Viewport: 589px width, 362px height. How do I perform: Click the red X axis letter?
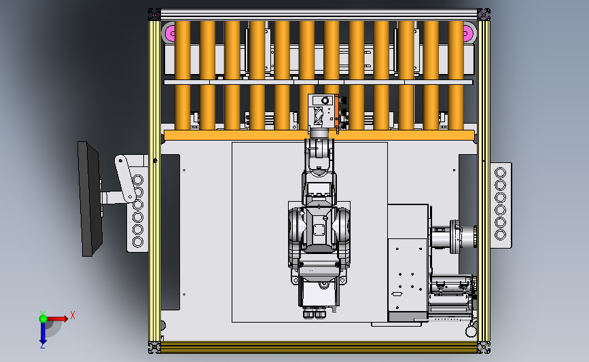[x=73, y=315]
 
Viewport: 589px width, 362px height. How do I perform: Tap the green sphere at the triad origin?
[x=43, y=319]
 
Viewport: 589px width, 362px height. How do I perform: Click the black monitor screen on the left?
[x=90, y=199]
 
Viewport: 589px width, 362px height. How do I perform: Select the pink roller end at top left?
[x=169, y=33]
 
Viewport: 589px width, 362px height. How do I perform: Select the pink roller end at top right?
[x=468, y=33]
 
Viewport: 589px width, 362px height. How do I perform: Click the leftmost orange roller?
[x=183, y=75]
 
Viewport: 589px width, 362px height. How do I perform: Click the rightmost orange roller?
[x=456, y=75]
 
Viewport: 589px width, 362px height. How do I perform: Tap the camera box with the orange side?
[x=324, y=111]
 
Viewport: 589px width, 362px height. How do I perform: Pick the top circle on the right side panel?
[x=501, y=173]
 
